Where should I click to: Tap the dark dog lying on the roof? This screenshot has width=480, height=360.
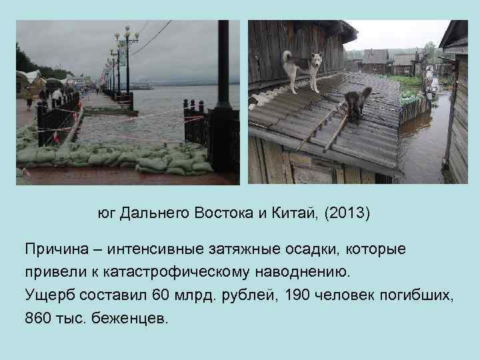(357, 103)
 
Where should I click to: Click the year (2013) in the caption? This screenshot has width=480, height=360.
(347, 213)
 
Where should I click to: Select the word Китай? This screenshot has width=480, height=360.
(294, 213)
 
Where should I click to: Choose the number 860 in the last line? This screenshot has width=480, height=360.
(39, 317)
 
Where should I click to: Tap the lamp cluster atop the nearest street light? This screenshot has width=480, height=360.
(126, 33)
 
